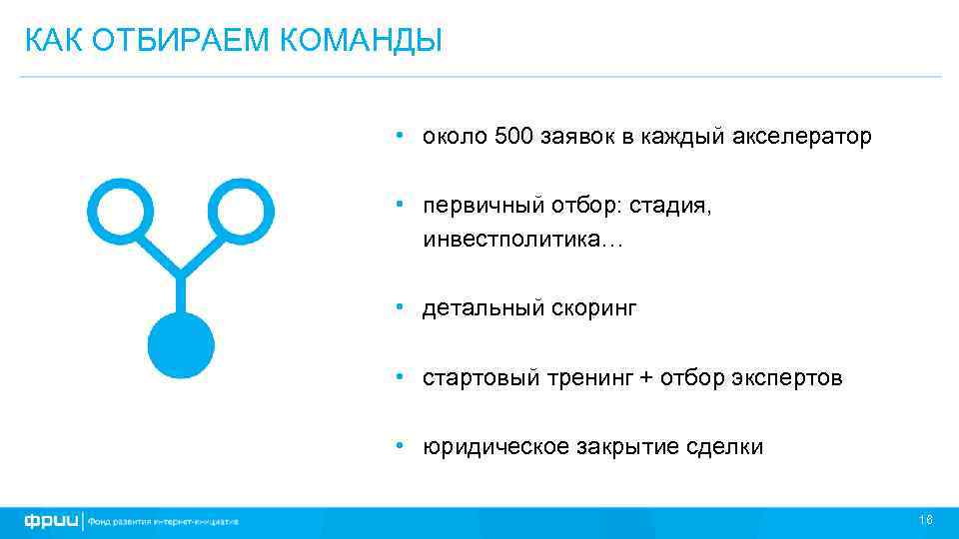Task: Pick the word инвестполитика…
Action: click(x=521, y=242)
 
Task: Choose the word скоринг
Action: click(x=592, y=309)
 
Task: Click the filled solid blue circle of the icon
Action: click(x=181, y=345)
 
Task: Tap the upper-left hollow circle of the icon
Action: click(x=121, y=210)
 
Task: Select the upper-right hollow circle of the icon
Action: click(x=241, y=210)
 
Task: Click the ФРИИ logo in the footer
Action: click(x=53, y=520)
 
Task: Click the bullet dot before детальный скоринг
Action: click(x=399, y=307)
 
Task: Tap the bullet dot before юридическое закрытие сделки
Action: click(x=399, y=445)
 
